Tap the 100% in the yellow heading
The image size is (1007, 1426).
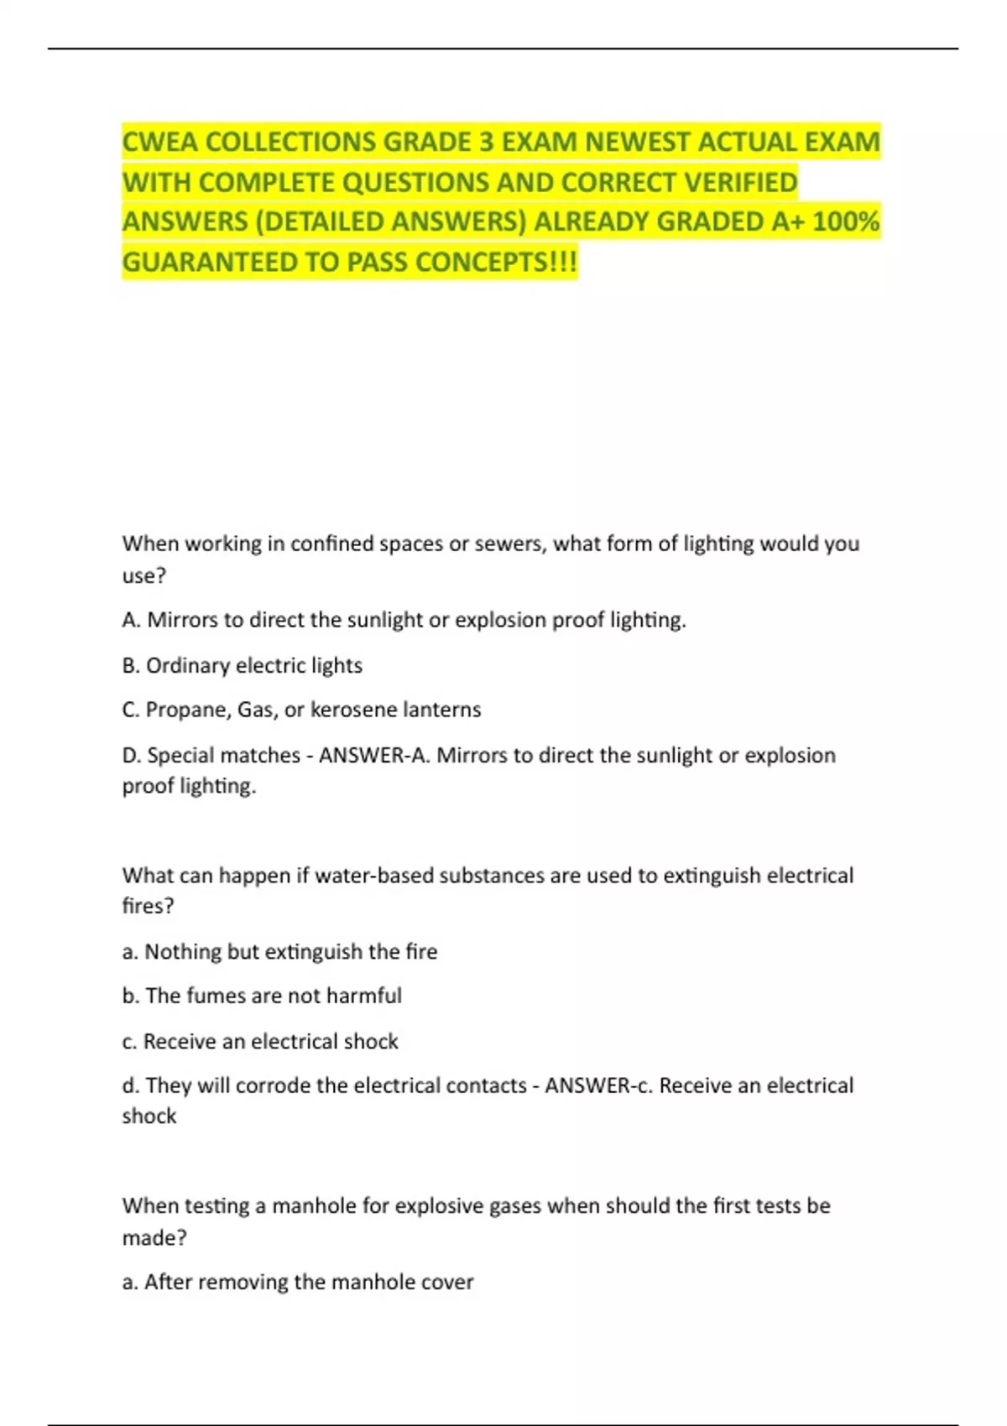pos(846,221)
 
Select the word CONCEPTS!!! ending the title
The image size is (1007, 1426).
pos(496,263)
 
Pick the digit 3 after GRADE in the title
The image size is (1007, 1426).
pos(487,142)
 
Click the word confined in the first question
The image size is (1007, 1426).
pos(331,544)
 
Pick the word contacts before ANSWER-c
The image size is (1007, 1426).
pos(486,1085)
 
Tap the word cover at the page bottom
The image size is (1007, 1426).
pos(452,1282)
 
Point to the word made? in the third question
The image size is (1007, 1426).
pos(154,1238)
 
